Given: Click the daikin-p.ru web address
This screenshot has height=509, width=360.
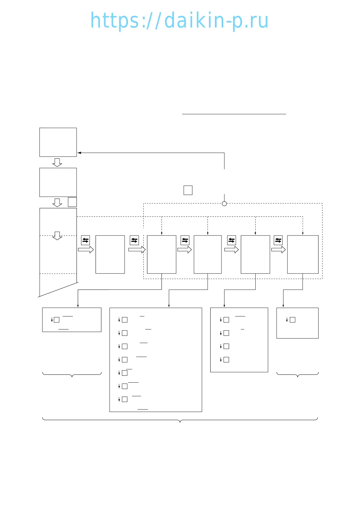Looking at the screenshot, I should click(179, 21).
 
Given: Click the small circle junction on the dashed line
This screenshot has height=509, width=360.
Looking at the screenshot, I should click(224, 203).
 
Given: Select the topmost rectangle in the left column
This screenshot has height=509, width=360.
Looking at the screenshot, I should click(58, 142).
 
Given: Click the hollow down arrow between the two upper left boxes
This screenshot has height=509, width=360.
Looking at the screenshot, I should click(57, 162).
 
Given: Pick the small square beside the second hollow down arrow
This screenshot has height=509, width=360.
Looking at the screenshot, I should click(72, 202).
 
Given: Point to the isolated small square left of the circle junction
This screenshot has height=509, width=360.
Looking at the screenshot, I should click(188, 190).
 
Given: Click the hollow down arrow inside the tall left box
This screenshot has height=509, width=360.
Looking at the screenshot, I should click(57, 236).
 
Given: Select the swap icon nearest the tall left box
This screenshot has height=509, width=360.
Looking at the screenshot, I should click(86, 240).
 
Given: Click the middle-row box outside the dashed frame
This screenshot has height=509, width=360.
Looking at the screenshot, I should click(110, 254).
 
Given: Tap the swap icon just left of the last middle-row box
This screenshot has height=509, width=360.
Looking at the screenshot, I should click(278, 240).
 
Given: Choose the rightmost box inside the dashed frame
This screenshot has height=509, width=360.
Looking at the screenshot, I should click(303, 254).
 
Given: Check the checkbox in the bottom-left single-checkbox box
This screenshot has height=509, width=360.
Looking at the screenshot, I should click(57, 320).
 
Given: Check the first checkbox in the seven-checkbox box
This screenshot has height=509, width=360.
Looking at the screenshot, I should click(125, 320).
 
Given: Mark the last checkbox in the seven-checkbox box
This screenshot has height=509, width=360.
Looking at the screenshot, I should click(125, 399).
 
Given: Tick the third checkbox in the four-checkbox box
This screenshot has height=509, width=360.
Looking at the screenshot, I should click(226, 346).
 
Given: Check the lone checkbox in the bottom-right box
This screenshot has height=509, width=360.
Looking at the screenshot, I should click(293, 320).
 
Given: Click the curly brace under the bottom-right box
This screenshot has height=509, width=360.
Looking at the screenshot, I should click(298, 375).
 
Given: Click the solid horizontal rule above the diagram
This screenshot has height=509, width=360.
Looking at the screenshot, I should click(234, 114).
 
